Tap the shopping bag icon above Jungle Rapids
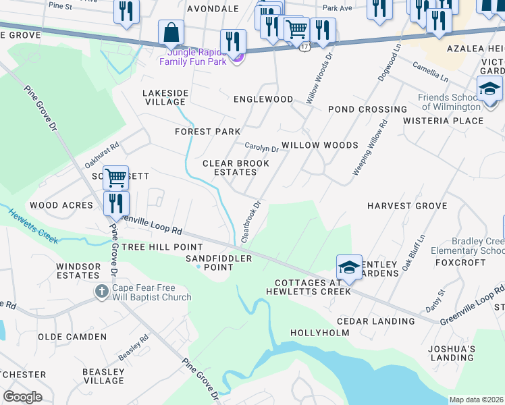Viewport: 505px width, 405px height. coord(171,32)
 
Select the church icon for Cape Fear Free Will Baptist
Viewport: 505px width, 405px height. coord(101,292)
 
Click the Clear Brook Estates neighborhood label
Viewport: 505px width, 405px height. coord(230,167)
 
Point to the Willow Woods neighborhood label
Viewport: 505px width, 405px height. coord(319,145)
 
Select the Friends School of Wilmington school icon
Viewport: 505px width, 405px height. coord(490,88)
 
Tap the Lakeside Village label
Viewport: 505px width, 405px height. coord(164,97)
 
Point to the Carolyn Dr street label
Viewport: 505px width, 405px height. coord(261,148)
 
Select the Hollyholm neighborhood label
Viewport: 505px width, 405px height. coord(319,333)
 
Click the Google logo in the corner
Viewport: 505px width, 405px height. coord(22,397)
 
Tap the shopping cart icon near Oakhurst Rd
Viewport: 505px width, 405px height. coord(116,178)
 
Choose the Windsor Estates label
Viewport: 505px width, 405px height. coord(78,271)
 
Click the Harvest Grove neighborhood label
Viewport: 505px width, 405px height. coord(398,205)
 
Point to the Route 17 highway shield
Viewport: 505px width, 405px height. coord(305,47)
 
